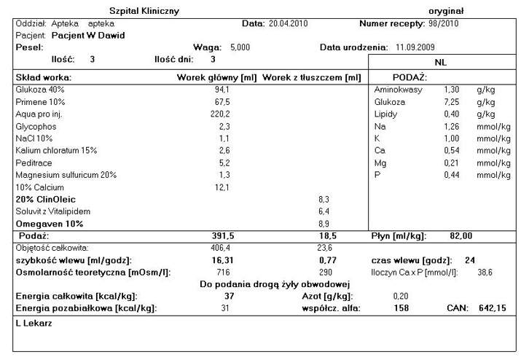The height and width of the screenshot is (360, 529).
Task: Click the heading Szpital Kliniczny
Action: point(144,11)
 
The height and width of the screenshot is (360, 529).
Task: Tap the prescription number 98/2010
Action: point(441,23)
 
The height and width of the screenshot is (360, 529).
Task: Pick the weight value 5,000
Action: point(240,47)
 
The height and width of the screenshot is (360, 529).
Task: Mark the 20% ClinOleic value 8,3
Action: point(324,198)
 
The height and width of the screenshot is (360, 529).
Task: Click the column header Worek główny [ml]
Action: point(217,77)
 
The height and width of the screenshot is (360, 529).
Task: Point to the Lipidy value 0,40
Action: point(452,114)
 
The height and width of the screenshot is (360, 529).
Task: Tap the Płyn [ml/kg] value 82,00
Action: point(461,236)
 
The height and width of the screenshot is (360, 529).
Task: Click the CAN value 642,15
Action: point(492,308)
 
